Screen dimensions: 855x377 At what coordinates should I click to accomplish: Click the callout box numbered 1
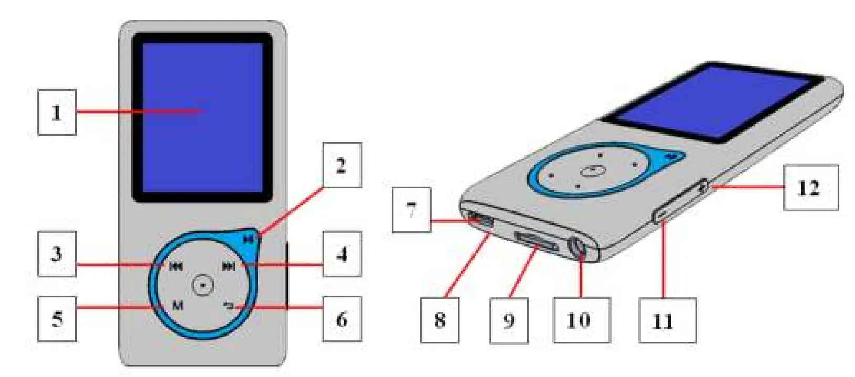pyautogui.click(x=57, y=112)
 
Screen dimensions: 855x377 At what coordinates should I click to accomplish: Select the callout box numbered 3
pyautogui.click(x=57, y=254)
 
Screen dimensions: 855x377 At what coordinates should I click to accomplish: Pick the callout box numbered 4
pyautogui.click(x=342, y=254)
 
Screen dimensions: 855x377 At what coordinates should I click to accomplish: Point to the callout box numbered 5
pyautogui.click(x=57, y=318)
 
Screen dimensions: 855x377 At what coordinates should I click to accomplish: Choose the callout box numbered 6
pyautogui.click(x=342, y=318)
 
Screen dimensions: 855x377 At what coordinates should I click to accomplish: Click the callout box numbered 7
pyautogui.click(x=412, y=210)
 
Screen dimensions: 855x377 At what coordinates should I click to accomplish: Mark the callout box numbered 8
pyautogui.click(x=440, y=320)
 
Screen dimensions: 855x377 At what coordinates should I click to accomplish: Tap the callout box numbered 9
pyautogui.click(x=509, y=320)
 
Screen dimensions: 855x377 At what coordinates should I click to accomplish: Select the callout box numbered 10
pyautogui.click(x=581, y=320)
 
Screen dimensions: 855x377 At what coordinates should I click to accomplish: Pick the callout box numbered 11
pyautogui.click(x=667, y=320)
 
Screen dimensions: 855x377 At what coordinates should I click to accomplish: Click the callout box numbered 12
pyautogui.click(x=810, y=187)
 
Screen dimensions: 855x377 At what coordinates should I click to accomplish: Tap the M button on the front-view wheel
pyautogui.click(x=178, y=305)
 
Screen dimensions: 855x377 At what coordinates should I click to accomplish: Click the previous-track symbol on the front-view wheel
pyautogui.click(x=176, y=267)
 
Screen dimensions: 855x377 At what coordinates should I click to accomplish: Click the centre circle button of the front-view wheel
pyautogui.click(x=202, y=285)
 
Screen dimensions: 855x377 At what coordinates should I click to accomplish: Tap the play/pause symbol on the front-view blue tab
pyautogui.click(x=249, y=239)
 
